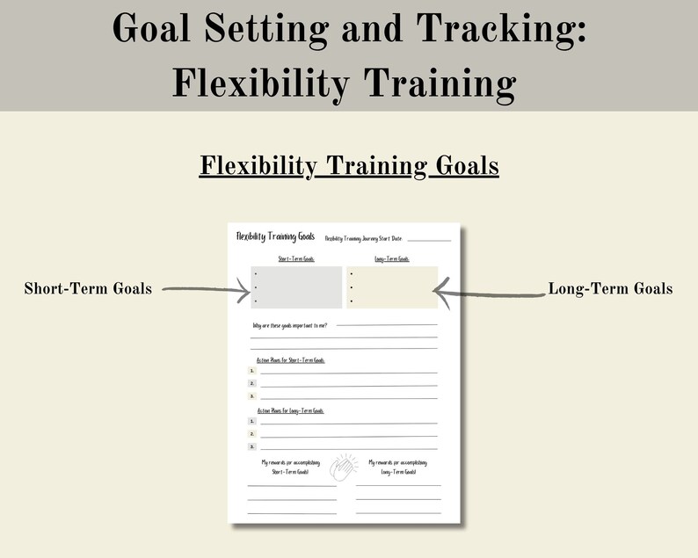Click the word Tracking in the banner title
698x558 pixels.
click(x=500, y=31)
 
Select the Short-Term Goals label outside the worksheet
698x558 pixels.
click(x=88, y=288)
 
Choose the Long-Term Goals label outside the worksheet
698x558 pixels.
click(x=610, y=288)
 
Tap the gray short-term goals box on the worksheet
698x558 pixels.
click(x=296, y=286)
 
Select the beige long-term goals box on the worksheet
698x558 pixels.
click(x=392, y=286)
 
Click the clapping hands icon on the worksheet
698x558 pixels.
click(x=345, y=467)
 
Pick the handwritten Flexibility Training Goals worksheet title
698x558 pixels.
click(x=275, y=236)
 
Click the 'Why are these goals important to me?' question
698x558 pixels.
click(x=289, y=326)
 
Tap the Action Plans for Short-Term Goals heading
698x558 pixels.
click(x=290, y=360)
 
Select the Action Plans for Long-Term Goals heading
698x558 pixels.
click(x=290, y=410)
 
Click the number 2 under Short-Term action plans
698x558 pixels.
click(x=252, y=383)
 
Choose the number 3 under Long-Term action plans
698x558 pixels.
click(x=252, y=446)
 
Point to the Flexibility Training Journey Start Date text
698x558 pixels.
click(x=362, y=238)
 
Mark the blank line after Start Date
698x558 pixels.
click(x=428, y=239)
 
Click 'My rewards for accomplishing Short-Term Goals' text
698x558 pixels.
click(x=291, y=467)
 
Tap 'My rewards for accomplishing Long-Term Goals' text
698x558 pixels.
click(x=398, y=467)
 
